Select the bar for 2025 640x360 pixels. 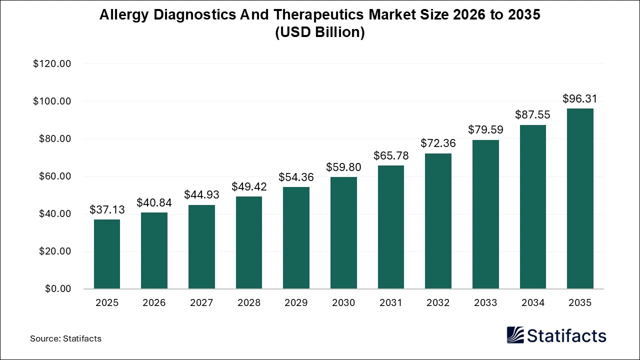click(107, 254)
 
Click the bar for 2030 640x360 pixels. click(343, 233)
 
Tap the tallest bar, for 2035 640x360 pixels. click(580, 198)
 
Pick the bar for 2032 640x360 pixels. click(438, 221)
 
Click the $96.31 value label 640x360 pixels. click(580, 99)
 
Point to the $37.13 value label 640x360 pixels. click(107, 210)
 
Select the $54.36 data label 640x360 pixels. click(296, 177)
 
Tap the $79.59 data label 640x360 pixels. click(485, 130)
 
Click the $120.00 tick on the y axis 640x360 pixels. click(52, 64)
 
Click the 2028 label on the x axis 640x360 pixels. click(249, 303)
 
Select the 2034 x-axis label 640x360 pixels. click(533, 303)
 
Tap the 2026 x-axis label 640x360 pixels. click(154, 303)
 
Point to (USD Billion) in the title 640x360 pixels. click(320, 32)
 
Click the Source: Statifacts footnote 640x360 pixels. click(65, 338)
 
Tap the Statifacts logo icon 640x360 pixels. click(515, 335)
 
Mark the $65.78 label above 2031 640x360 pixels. click(391, 156)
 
